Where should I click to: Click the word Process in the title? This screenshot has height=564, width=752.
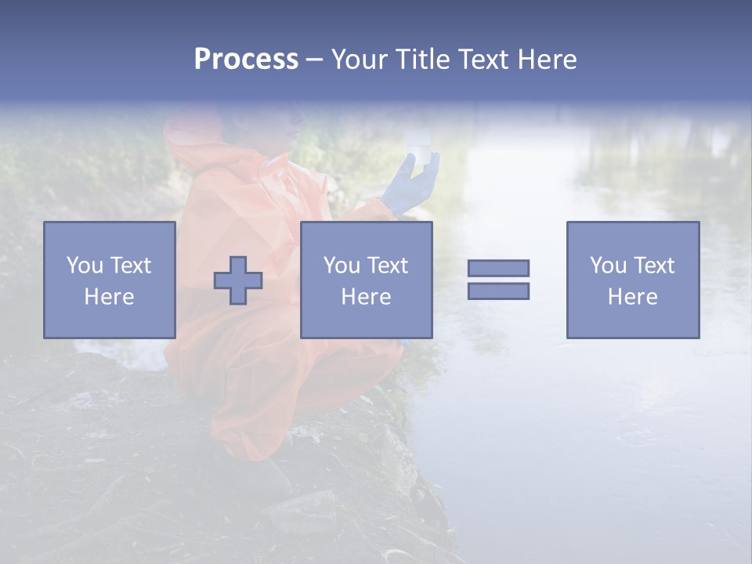246,60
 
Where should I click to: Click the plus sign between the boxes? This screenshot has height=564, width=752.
238,280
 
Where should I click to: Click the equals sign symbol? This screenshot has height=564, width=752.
498,280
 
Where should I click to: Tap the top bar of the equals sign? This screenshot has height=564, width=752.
498,269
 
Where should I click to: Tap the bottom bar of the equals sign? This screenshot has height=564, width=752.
498,291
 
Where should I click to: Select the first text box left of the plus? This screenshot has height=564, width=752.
110,280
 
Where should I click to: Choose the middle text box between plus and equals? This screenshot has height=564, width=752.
366,280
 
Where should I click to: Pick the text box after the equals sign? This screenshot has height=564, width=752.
632,280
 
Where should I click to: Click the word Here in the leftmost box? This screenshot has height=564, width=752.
109,297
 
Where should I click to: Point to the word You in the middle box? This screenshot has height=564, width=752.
342,266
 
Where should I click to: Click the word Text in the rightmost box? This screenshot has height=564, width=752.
654,266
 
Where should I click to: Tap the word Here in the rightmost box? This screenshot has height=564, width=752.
632,297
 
